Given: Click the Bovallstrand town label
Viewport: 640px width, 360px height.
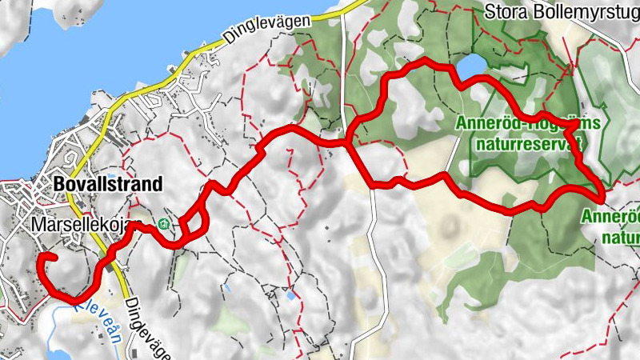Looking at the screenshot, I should [x=107, y=184].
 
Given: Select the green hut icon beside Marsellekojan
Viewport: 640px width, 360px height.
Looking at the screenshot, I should [x=164, y=224].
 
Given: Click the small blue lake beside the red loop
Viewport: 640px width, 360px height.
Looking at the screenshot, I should [x=471, y=66].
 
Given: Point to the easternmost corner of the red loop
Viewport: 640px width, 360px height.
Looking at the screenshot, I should [x=601, y=193].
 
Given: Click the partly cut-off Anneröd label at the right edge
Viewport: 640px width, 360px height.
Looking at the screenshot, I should [x=611, y=216].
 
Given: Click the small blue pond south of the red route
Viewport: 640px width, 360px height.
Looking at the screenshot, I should [x=290, y=295].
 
